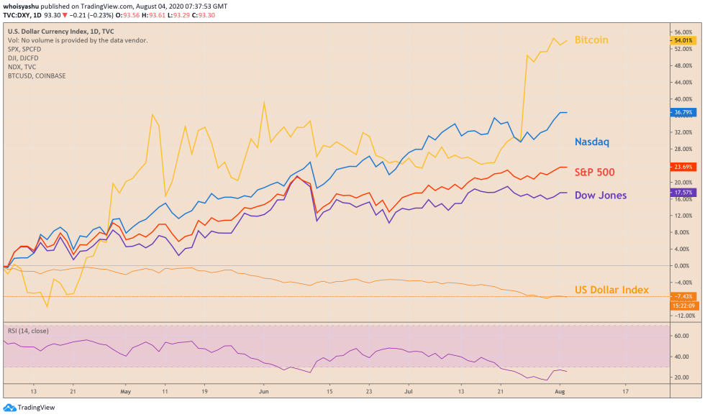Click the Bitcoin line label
[591, 40]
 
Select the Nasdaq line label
[591, 142]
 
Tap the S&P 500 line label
[594, 172]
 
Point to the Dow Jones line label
[600, 196]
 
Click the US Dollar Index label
[611, 290]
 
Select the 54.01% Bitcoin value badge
[682, 41]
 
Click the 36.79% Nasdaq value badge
[682, 113]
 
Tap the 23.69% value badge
[682, 167]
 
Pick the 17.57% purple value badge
[682, 193]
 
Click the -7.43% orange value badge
[682, 296]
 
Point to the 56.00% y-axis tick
[683, 33]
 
